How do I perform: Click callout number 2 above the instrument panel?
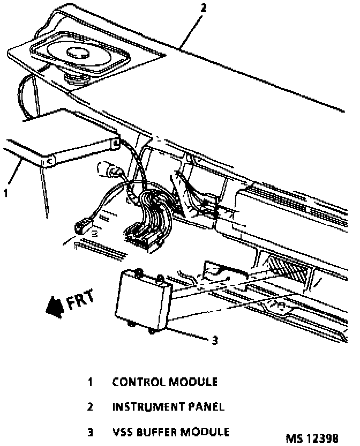point(202,9)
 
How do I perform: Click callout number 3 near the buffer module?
point(214,340)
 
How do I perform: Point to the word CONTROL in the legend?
point(138,382)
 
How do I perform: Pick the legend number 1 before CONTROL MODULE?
point(91,382)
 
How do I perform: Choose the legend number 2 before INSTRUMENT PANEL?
point(91,407)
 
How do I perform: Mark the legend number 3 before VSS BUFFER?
point(91,432)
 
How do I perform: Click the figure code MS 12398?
point(312,438)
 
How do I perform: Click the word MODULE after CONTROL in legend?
point(193,382)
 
